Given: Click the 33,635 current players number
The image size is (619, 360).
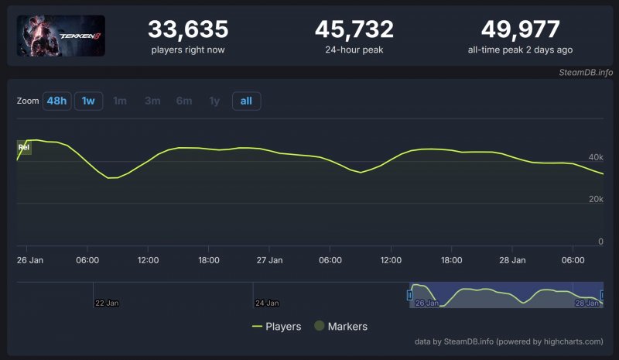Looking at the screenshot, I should coord(188,29).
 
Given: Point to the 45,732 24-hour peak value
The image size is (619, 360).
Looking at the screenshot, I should coord(354,29).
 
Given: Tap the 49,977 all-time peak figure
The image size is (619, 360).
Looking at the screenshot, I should coord(520,29).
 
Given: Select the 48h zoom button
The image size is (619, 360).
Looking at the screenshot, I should coord(56,101).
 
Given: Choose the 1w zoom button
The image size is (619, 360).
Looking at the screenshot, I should coord(88,101).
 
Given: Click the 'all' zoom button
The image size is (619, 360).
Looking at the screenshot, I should coord(246,101).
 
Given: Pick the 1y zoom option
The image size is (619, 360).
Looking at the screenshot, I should coord(214,101).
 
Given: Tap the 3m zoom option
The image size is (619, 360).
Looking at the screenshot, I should coord(152,101).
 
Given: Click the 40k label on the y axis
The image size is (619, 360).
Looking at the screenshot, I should coord(595,157).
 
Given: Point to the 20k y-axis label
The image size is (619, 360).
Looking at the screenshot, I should coord(595,199).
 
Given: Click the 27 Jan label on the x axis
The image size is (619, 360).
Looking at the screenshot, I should coord(269,260).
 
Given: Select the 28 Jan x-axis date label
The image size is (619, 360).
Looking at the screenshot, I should coord(512,260).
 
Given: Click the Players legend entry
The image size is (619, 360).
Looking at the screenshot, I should coord(276,327).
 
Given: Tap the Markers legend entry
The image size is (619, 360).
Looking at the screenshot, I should coord(340,327).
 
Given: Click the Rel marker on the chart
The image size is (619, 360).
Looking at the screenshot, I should coord(24,146).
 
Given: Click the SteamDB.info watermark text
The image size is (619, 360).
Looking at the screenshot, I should coord(586,73).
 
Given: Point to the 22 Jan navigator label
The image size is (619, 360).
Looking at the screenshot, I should coord(106,303).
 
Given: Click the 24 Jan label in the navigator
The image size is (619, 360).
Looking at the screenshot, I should coord(267,303).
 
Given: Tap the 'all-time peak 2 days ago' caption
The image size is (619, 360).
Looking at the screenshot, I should coord(520,50).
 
